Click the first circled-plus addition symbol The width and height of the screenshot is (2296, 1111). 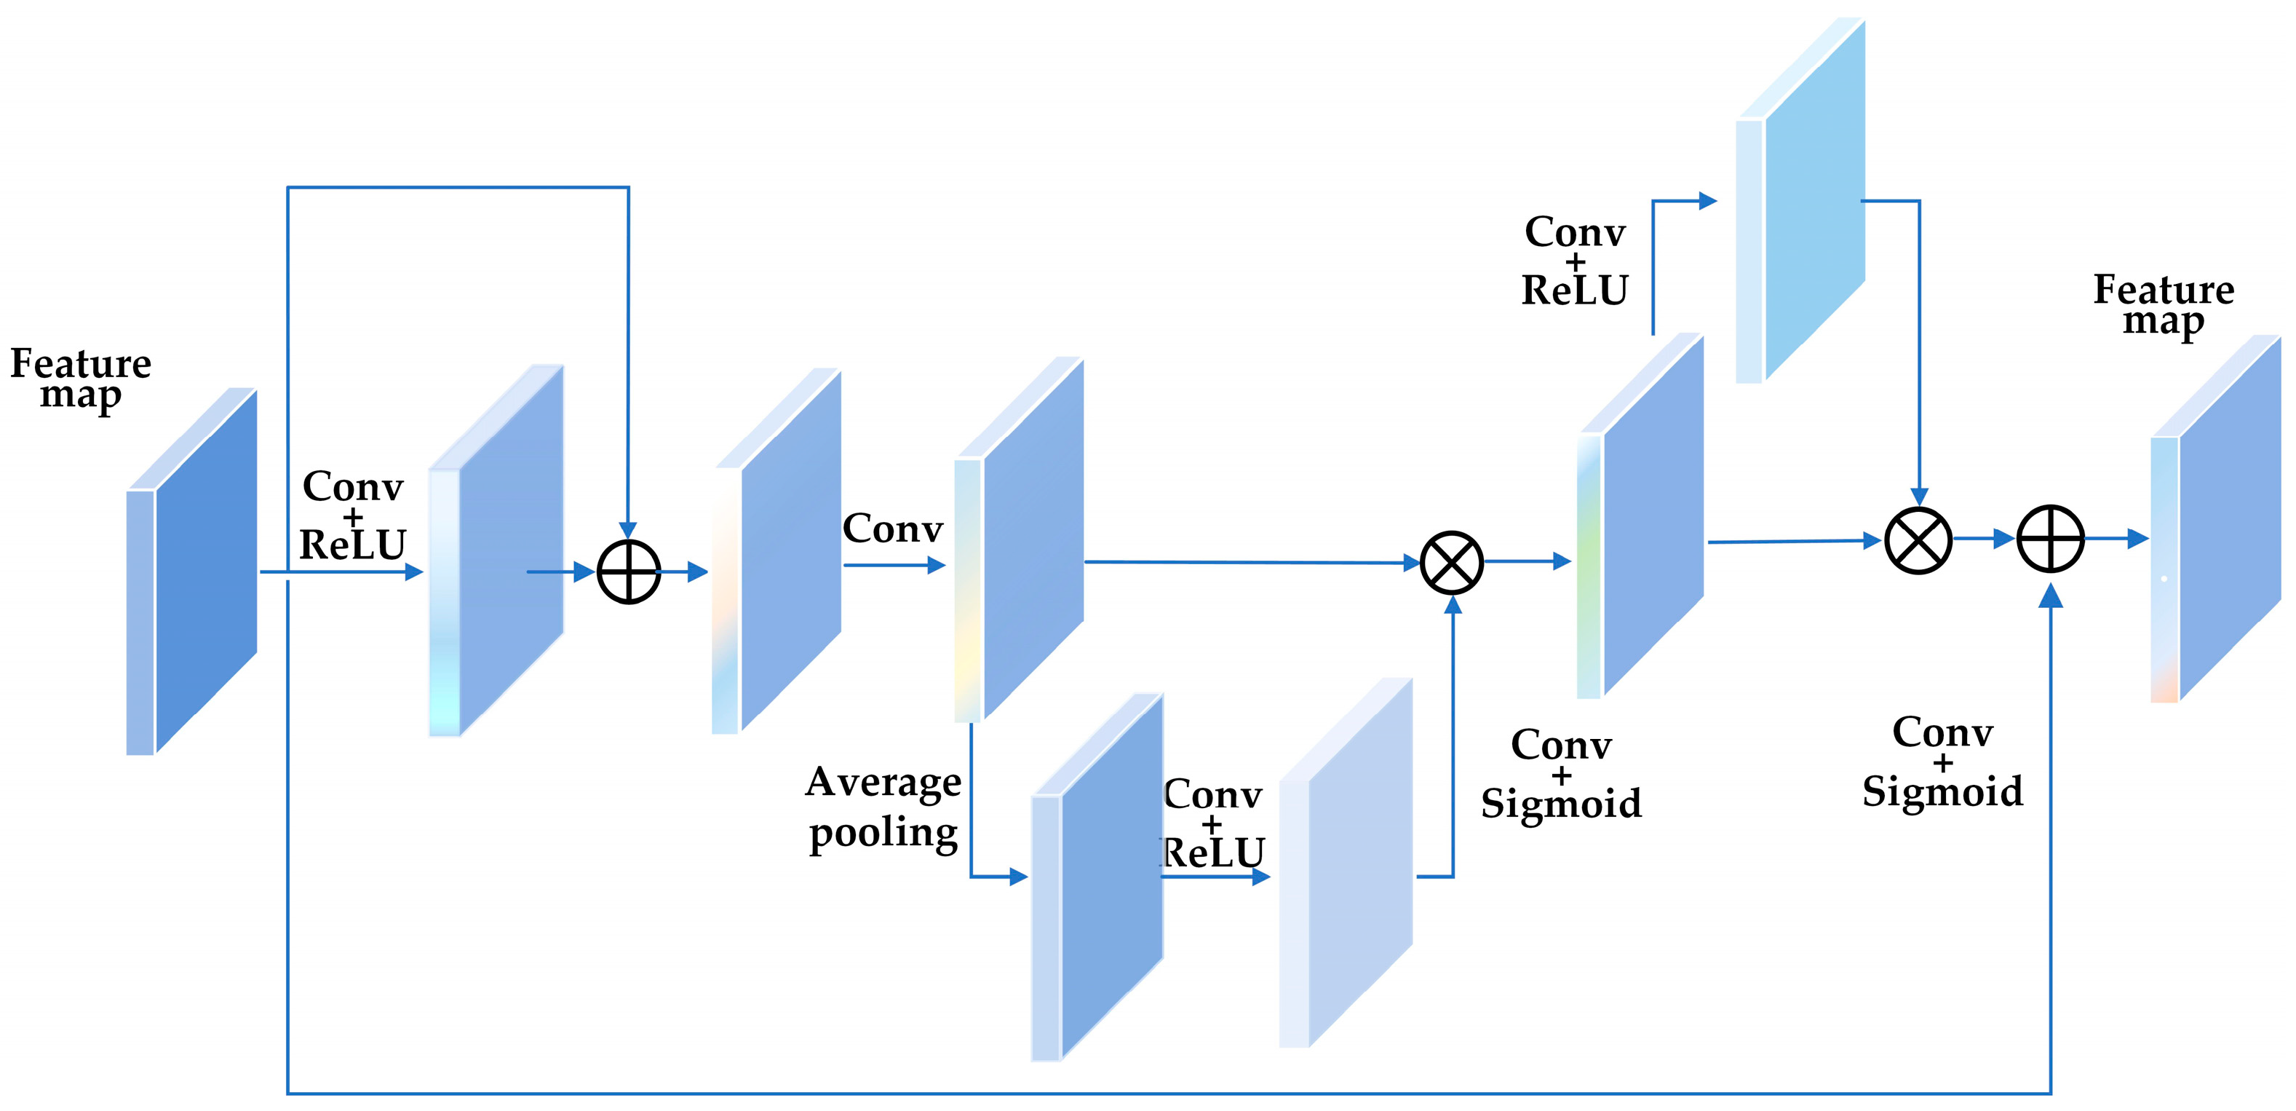click(628, 572)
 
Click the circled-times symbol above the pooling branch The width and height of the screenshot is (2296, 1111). click(1452, 563)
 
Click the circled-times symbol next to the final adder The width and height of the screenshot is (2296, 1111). click(1918, 540)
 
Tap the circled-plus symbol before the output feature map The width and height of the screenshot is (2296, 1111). click(2050, 539)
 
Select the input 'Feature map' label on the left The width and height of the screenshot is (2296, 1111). click(80, 378)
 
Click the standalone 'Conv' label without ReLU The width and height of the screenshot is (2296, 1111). click(892, 529)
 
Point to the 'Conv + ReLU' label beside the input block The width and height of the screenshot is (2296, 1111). click(353, 515)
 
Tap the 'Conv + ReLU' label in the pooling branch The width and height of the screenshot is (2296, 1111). click(1213, 823)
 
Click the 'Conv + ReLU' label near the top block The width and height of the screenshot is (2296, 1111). click(1575, 261)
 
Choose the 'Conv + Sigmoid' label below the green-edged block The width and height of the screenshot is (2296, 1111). click(1561, 773)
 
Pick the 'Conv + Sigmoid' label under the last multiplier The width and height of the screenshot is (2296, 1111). click(1942, 762)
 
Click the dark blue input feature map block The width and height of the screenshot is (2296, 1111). click(205, 571)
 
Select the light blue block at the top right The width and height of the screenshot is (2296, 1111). click(1814, 201)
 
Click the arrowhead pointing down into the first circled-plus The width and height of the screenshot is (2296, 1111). click(628, 531)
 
